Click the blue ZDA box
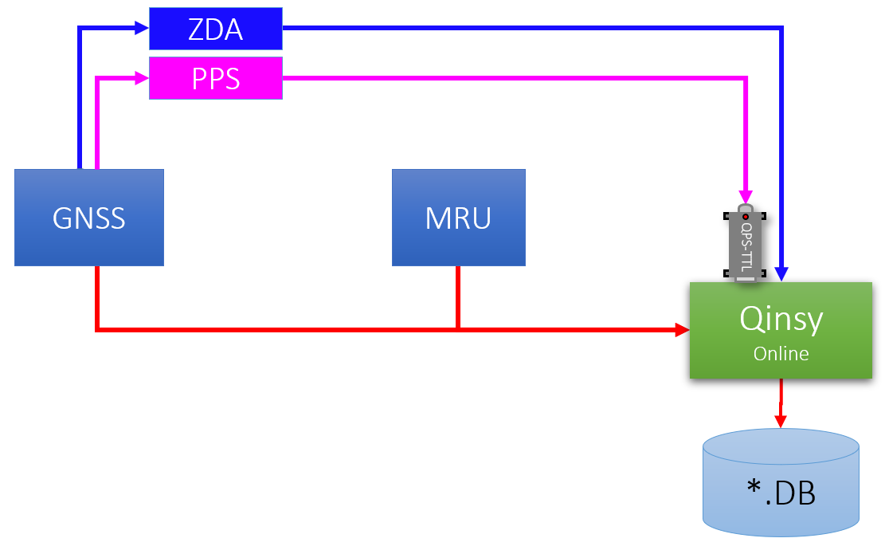(x=216, y=29)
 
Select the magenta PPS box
(x=216, y=78)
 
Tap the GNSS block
(x=89, y=217)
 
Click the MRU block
(x=458, y=217)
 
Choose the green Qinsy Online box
(x=781, y=330)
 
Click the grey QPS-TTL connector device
(x=745, y=243)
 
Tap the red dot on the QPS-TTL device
(x=746, y=217)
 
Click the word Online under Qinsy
(x=781, y=353)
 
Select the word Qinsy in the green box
(x=781, y=320)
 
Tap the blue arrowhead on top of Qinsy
(x=784, y=274)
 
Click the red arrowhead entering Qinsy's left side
(x=682, y=328)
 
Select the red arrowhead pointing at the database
(x=781, y=421)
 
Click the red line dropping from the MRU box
(x=458, y=295)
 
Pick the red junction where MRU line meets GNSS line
(x=458, y=328)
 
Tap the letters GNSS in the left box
(x=89, y=218)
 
